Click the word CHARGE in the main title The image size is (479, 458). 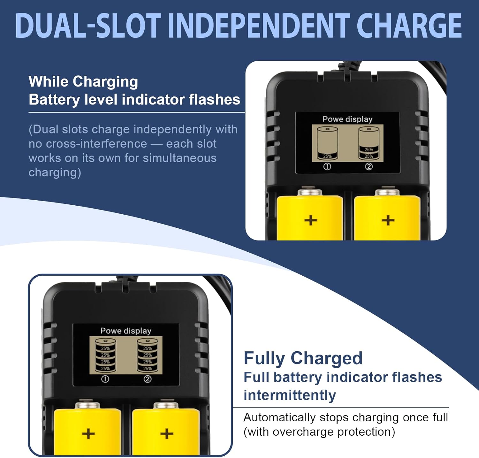pos(409,26)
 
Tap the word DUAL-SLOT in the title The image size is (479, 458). pos(88,26)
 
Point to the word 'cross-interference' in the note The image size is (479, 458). pos(96,144)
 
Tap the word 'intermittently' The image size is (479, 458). pos(290,395)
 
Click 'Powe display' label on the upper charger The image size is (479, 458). pos(347,119)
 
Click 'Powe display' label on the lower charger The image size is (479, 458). pos(126,331)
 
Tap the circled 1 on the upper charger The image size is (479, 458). pos(327,166)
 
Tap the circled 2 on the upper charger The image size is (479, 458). pos(369,166)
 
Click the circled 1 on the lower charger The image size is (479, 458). pos(105,379)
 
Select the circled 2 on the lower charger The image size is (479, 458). pos(148,379)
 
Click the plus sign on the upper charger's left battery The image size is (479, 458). pos(310,220)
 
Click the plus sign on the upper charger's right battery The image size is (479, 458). pos(388,220)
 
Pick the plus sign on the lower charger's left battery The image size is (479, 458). pos(88,434)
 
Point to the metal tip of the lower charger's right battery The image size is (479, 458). pos(166,406)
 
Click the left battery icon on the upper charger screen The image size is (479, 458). pos(327,143)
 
